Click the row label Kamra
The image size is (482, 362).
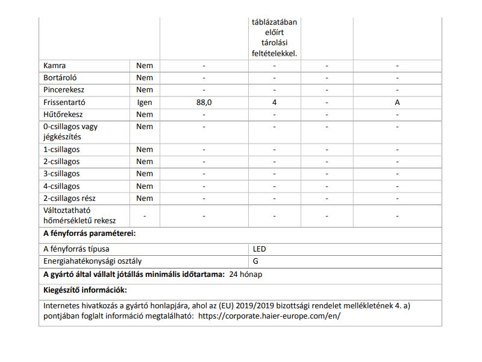(55, 65)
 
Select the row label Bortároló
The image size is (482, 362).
(60, 78)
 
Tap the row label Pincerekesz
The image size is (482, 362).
(64, 90)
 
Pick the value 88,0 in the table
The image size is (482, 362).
(204, 102)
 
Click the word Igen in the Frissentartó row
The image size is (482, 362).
(145, 102)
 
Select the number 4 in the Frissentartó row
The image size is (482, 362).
(274, 102)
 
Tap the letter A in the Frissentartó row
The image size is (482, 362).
(397, 102)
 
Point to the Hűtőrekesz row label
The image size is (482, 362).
(63, 114)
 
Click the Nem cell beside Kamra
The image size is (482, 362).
(145, 65)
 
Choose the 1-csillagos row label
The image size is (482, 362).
(61, 150)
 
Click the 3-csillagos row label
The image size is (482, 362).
(61, 174)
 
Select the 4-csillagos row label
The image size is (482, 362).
(61, 186)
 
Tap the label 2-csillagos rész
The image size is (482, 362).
(70, 198)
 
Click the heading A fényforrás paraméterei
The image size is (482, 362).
(89, 233)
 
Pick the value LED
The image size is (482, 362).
(260, 249)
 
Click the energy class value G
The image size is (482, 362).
(256, 261)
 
